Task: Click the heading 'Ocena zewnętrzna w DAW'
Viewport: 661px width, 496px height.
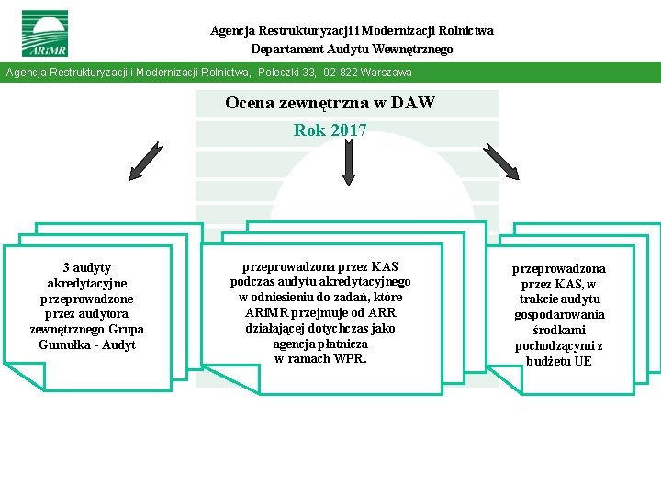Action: (330, 103)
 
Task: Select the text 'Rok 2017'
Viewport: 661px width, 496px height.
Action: (330, 130)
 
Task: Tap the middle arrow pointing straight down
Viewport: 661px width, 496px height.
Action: (348, 162)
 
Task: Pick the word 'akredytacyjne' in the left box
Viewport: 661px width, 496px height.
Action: (87, 283)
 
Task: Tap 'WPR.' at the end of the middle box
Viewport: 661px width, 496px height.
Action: (350, 358)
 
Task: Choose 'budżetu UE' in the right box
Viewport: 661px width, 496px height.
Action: (559, 361)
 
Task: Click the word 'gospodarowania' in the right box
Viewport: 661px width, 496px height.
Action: (559, 314)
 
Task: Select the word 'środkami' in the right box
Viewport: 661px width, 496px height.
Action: (559, 330)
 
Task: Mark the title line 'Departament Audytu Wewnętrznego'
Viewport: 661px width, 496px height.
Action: (352, 49)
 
